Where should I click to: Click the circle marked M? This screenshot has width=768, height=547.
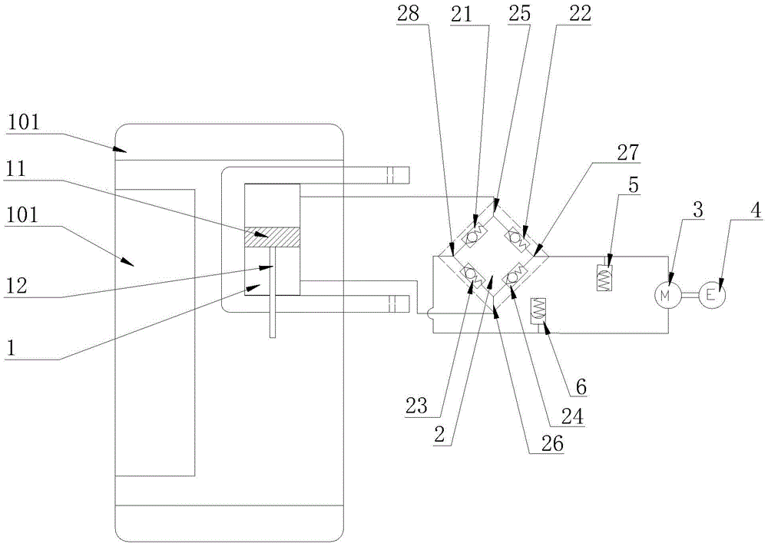pyautogui.click(x=666, y=294)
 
